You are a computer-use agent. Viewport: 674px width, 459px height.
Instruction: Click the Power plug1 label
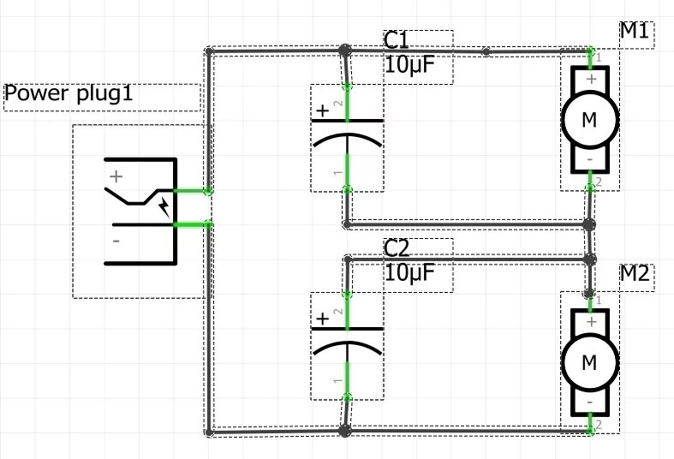click(69, 93)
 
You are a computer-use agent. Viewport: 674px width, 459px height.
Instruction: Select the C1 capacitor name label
click(397, 41)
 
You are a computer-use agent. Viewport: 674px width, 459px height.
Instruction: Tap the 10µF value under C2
click(409, 273)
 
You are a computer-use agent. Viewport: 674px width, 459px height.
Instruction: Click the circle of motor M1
click(589, 120)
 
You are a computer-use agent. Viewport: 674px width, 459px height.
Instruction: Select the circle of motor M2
click(589, 362)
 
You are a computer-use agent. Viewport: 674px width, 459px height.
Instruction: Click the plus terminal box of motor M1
click(590, 80)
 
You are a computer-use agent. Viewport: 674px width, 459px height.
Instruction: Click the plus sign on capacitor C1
click(322, 110)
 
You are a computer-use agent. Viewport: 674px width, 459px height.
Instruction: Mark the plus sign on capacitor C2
click(322, 319)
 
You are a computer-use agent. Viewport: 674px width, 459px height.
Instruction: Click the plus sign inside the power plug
click(116, 177)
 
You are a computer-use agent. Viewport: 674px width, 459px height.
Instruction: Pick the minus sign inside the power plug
click(116, 241)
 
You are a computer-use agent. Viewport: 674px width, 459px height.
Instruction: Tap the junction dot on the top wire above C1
click(345, 51)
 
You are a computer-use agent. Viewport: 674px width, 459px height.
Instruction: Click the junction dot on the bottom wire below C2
click(345, 431)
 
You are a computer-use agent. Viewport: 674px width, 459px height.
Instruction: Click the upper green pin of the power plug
click(192, 191)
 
